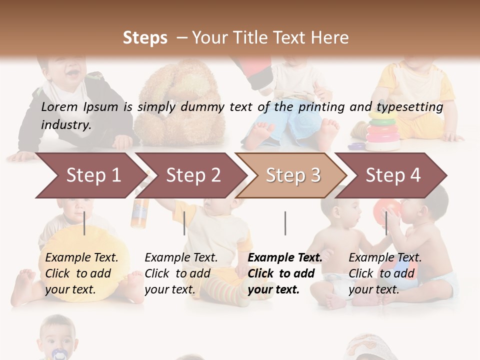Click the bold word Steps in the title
145,38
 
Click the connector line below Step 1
84,223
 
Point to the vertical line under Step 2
184,223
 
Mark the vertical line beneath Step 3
285,223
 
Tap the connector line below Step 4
386,223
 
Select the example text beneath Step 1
81,273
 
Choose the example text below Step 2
181,273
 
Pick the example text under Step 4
385,273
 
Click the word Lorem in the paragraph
59,107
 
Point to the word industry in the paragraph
66,124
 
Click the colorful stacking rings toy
382,132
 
